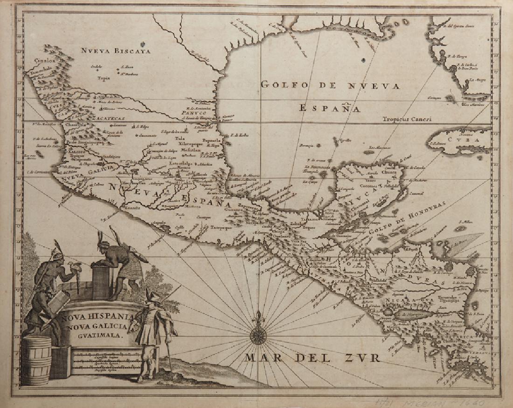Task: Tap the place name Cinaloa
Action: pos(44,60)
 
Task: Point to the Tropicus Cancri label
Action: pos(407,119)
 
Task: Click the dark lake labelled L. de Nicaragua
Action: pos(410,315)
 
